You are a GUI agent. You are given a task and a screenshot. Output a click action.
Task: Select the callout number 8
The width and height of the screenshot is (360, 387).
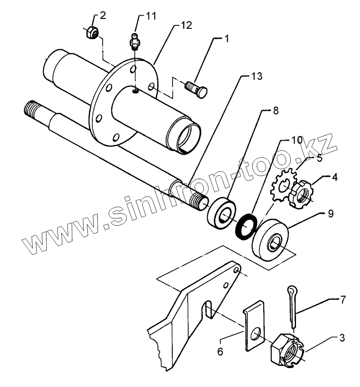tap(275, 111)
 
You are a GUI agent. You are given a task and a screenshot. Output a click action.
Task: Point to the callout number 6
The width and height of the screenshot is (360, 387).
tap(220, 351)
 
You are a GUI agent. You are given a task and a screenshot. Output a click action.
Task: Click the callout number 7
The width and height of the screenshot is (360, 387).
tap(342, 299)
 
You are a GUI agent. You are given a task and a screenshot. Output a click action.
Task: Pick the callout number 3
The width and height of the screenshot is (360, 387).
tap(342, 338)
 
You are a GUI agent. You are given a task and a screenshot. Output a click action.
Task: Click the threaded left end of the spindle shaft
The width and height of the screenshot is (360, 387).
tap(35, 110)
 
